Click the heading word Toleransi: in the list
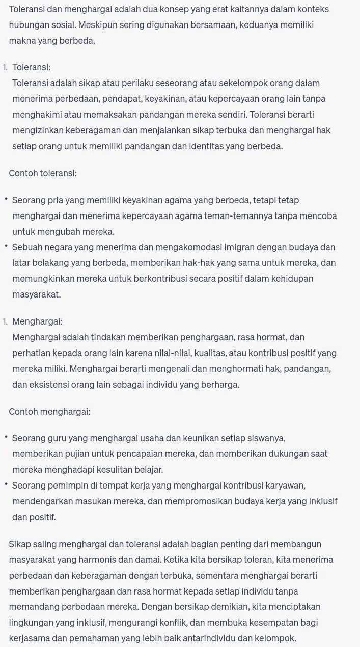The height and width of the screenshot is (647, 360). tap(32, 67)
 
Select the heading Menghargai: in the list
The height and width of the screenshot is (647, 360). tap(37, 321)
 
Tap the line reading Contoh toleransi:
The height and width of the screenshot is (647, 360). tap(43, 173)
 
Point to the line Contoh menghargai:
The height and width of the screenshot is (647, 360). tap(49, 411)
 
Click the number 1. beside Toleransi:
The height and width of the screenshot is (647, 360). tap(5, 67)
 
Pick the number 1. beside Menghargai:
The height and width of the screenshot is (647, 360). tap(5, 321)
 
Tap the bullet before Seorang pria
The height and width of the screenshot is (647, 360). tap(6, 199)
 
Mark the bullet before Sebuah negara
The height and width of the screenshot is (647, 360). tap(6, 247)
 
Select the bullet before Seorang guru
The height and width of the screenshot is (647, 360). tap(6, 437)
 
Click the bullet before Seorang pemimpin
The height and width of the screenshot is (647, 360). tap(6, 484)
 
